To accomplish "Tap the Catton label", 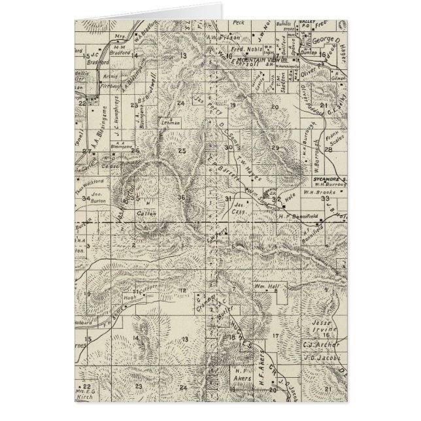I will pyautogui.click(x=144, y=213).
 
